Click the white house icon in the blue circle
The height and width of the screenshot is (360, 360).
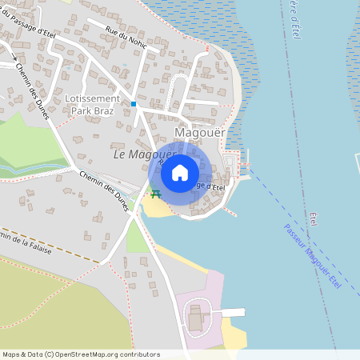179,172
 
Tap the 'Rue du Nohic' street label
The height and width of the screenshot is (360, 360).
126,37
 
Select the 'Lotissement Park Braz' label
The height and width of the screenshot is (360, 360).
91,105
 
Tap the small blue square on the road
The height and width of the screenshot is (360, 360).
134,104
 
